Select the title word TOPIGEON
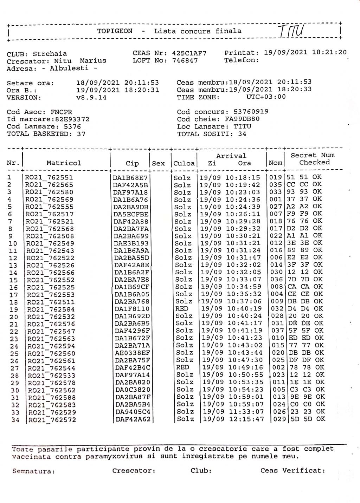115,31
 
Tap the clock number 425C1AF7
189,53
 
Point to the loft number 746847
185,60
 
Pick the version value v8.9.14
91,97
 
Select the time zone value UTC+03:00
266,97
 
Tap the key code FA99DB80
242,119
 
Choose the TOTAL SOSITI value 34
242,134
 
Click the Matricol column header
64,163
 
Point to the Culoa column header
184,163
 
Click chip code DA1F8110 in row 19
132,309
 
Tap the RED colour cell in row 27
182,367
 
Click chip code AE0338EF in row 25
133,353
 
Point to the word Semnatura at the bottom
34,471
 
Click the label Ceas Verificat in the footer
292,470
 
